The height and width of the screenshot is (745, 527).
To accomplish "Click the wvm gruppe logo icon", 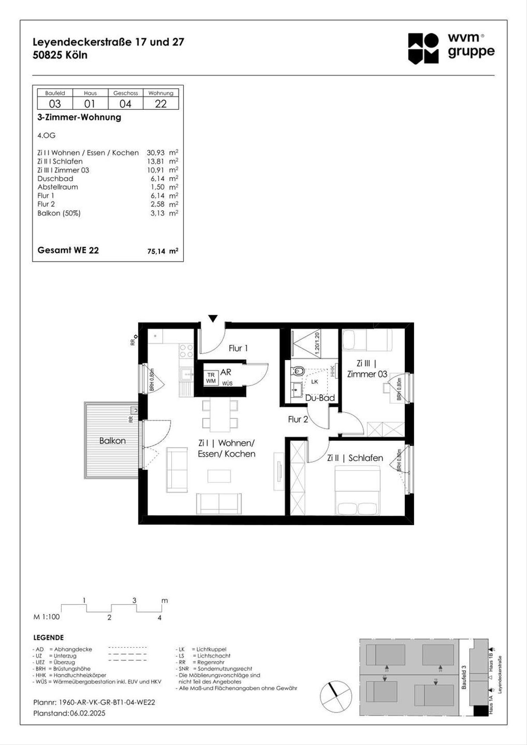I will pyautogui.click(x=423, y=48).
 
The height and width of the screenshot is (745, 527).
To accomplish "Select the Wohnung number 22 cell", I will pyautogui.click(x=161, y=104).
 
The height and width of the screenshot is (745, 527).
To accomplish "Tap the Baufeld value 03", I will pyautogui.click(x=55, y=104).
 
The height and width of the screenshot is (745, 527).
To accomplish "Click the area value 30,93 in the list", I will pyautogui.click(x=155, y=153).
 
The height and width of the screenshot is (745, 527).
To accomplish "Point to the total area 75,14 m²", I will pyautogui.click(x=162, y=251).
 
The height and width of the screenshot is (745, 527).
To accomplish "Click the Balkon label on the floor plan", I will pyautogui.click(x=112, y=441).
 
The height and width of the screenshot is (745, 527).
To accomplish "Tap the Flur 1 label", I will pyautogui.click(x=238, y=348).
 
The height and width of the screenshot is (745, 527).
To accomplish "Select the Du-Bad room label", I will pyautogui.click(x=320, y=398).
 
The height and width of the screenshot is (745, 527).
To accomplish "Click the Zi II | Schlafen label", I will pyautogui.click(x=355, y=458).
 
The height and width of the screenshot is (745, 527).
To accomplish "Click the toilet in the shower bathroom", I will pyautogui.click(x=298, y=371).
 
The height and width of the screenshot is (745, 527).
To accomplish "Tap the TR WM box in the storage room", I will pyautogui.click(x=211, y=378).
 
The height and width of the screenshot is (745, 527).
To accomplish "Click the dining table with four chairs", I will pyautogui.click(x=220, y=414).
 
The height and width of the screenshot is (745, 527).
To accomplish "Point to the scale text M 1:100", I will pyautogui.click(x=47, y=617).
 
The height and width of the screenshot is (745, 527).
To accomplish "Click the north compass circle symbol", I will pyautogui.click(x=336, y=696).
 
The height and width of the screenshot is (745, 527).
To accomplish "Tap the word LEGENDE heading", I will pyautogui.click(x=48, y=637).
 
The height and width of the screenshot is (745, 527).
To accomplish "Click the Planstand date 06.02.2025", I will pyautogui.click(x=87, y=713).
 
